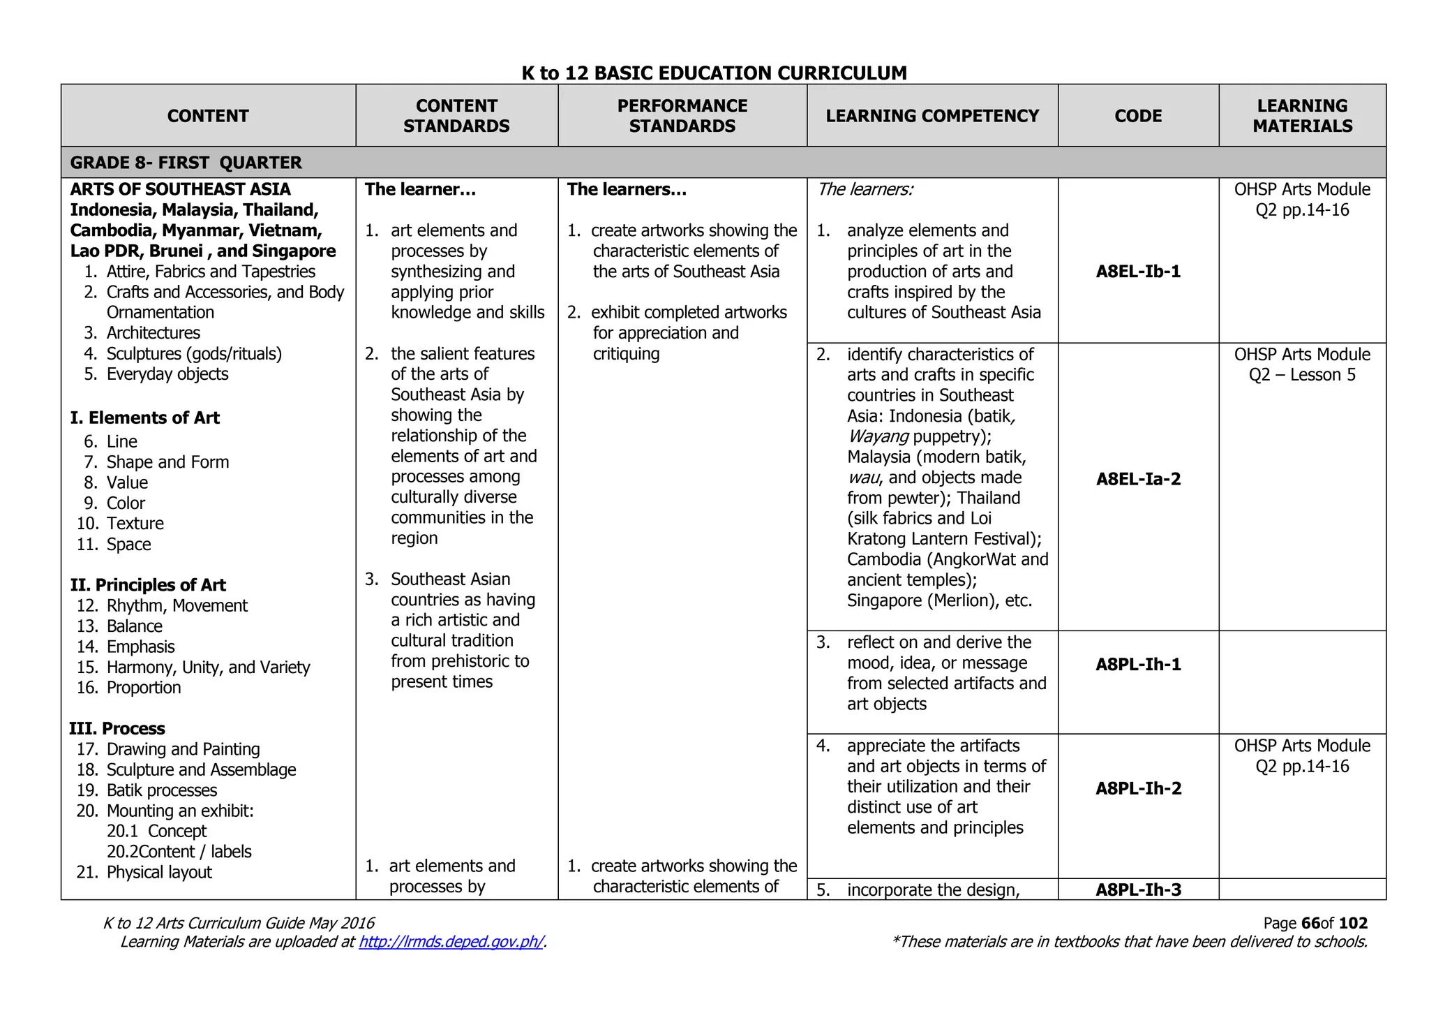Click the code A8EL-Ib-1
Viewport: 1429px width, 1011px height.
pyautogui.click(x=1138, y=272)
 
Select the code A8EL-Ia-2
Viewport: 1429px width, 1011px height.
pyautogui.click(x=1138, y=479)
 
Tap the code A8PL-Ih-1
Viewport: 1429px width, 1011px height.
pyautogui.click(x=1138, y=664)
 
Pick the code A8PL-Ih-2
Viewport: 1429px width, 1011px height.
pyautogui.click(x=1138, y=788)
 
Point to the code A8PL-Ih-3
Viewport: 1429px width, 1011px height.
pyautogui.click(x=1138, y=890)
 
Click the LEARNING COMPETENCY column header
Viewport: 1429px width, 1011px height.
pyautogui.click(x=932, y=116)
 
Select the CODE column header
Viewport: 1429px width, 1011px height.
pyautogui.click(x=1138, y=116)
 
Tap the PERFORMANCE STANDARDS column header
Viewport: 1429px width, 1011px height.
pyautogui.click(x=682, y=116)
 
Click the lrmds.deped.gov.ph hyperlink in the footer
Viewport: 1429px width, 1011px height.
pyautogui.click(x=451, y=942)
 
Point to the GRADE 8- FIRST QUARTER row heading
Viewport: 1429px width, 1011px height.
pyautogui.click(x=186, y=163)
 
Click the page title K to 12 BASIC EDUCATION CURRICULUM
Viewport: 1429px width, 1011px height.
pyautogui.click(x=714, y=73)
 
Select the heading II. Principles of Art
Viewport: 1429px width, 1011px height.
pyautogui.click(x=148, y=585)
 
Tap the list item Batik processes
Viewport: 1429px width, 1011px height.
pyautogui.click(x=161, y=790)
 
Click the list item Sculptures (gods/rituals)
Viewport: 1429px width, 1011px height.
pyautogui.click(x=193, y=354)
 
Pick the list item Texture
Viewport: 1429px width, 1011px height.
pyautogui.click(x=135, y=524)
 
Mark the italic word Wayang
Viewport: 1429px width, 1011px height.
pyautogui.click(x=877, y=437)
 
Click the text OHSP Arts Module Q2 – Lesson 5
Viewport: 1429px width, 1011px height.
pyautogui.click(x=1302, y=364)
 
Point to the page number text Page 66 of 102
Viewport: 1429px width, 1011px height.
pyautogui.click(x=1315, y=923)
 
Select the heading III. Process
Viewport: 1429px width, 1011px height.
pyautogui.click(x=117, y=729)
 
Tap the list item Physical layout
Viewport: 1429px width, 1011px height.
pyautogui.click(x=158, y=872)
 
